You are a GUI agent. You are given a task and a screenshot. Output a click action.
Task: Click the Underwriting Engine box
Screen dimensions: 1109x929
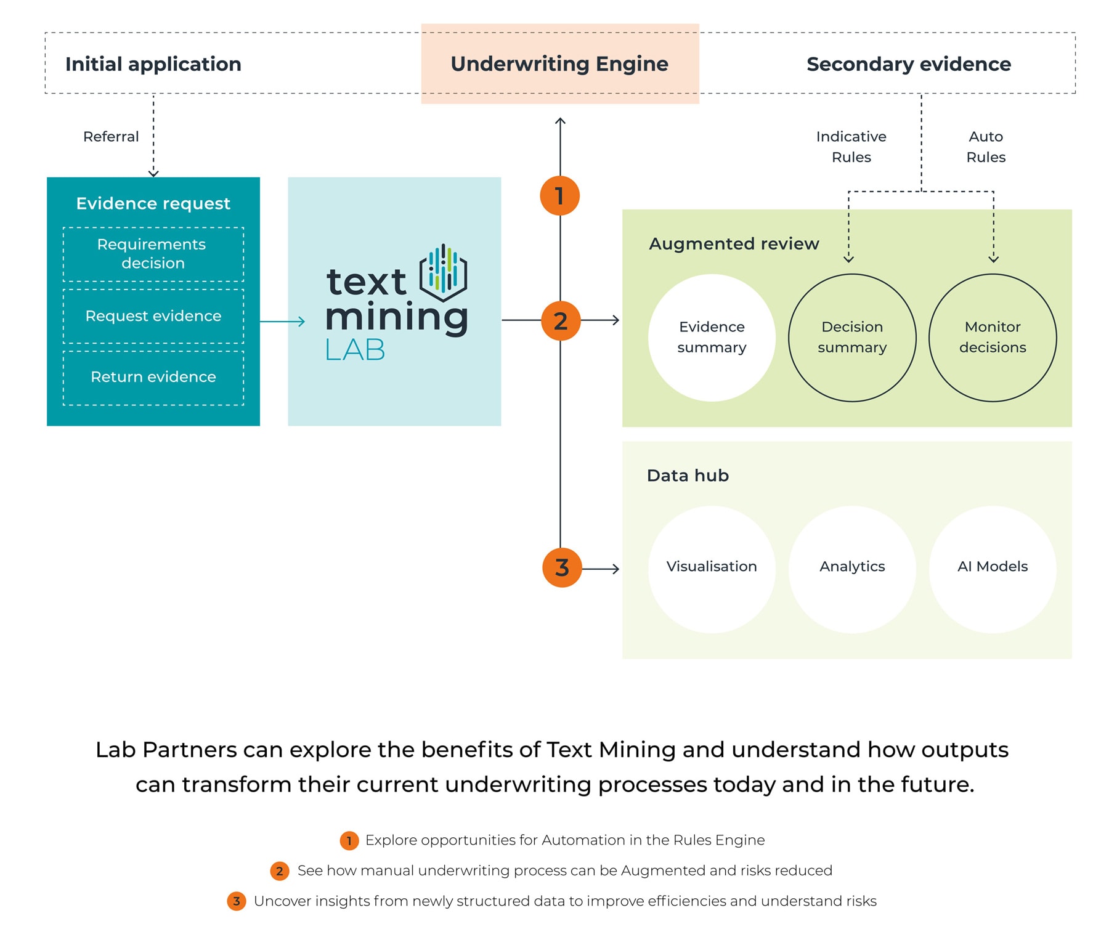tap(560, 63)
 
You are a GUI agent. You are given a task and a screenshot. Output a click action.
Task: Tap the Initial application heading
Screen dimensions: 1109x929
tap(153, 64)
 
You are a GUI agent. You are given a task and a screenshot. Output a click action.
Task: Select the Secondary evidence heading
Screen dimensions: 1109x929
tap(909, 64)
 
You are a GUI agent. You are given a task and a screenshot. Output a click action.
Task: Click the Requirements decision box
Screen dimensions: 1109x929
tap(153, 254)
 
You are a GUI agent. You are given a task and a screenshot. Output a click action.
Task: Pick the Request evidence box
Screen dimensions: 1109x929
tap(153, 316)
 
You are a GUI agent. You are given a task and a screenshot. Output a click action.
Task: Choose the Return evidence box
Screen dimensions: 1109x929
tap(153, 377)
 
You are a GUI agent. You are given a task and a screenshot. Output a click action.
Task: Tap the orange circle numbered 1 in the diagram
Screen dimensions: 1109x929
tap(560, 196)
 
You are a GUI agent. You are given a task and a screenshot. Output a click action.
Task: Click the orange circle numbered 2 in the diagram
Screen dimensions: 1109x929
tap(561, 321)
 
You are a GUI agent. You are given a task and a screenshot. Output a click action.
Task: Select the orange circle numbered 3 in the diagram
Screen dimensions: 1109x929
tap(562, 567)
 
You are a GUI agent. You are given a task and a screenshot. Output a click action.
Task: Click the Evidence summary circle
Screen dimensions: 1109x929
tap(712, 338)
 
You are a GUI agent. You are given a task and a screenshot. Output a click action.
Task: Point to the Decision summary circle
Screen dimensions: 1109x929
tap(852, 338)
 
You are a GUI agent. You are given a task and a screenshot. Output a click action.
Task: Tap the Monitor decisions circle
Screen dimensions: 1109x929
tap(993, 338)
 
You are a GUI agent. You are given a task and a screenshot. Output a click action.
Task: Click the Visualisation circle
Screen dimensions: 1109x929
tap(712, 569)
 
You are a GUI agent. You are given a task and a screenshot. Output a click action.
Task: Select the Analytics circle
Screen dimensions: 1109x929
tap(852, 569)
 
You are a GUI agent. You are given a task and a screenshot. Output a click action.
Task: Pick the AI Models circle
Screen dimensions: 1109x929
tap(993, 569)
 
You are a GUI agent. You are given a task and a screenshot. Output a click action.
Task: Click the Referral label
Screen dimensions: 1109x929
tap(111, 137)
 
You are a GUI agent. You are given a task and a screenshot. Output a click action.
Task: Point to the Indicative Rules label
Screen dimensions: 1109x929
tap(851, 147)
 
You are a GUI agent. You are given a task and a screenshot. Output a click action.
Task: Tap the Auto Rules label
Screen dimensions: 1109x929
tap(986, 147)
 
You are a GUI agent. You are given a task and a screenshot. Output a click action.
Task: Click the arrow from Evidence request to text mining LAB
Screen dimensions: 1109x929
tap(282, 321)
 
